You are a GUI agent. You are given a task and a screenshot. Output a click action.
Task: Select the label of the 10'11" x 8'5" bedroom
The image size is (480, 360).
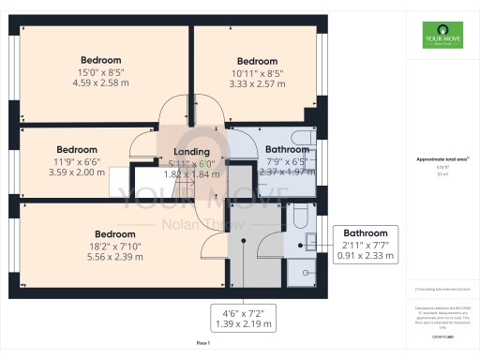click(x=256, y=62)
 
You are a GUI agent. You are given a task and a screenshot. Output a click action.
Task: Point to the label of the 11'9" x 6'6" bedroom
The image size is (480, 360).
click(x=77, y=149)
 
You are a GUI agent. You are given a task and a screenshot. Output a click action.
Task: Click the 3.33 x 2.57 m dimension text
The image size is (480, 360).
click(x=256, y=84)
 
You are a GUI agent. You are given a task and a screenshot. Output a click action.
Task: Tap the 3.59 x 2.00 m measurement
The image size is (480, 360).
click(x=77, y=172)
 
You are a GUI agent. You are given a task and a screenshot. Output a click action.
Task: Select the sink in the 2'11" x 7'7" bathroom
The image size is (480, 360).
click(x=307, y=245)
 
